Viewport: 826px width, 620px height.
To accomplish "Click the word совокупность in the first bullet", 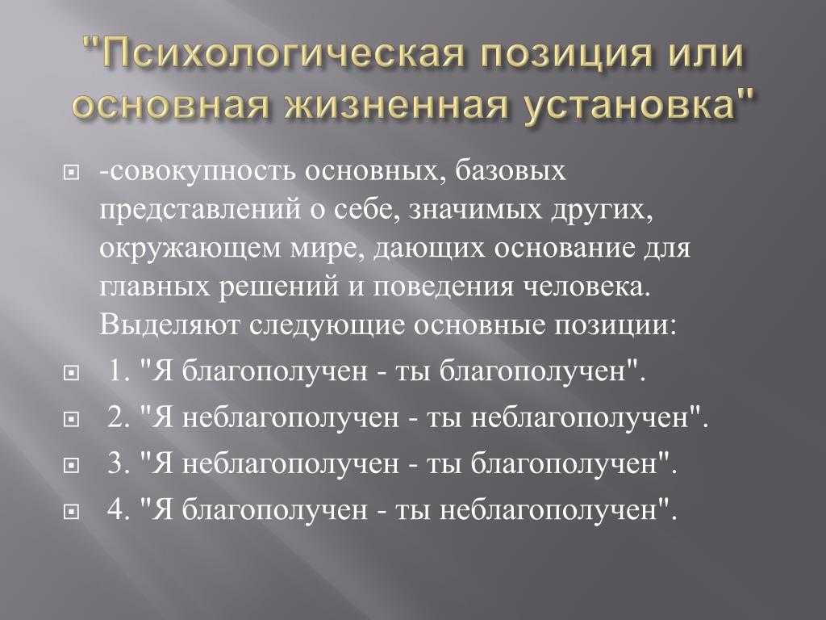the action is coord(202,171).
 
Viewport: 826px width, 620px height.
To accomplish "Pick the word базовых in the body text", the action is coord(510,171).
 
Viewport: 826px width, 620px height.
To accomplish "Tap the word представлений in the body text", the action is coord(201,210).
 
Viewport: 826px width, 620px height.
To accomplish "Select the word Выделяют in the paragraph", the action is coord(169,325).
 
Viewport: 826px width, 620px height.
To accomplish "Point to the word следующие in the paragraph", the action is coord(327,326).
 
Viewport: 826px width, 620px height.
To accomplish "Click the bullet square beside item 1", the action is coord(71,374).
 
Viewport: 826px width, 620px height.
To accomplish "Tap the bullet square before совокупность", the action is coord(71,172).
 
